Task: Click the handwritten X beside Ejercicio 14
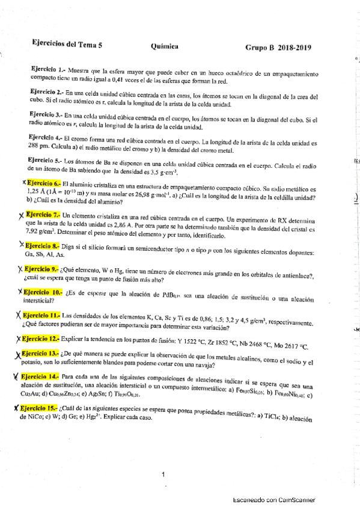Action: click(x=14, y=376)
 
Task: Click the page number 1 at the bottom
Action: click(x=163, y=474)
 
